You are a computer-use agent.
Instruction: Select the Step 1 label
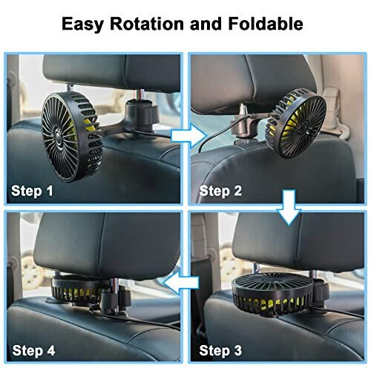point(32,191)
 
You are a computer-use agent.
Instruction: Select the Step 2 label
point(220,191)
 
